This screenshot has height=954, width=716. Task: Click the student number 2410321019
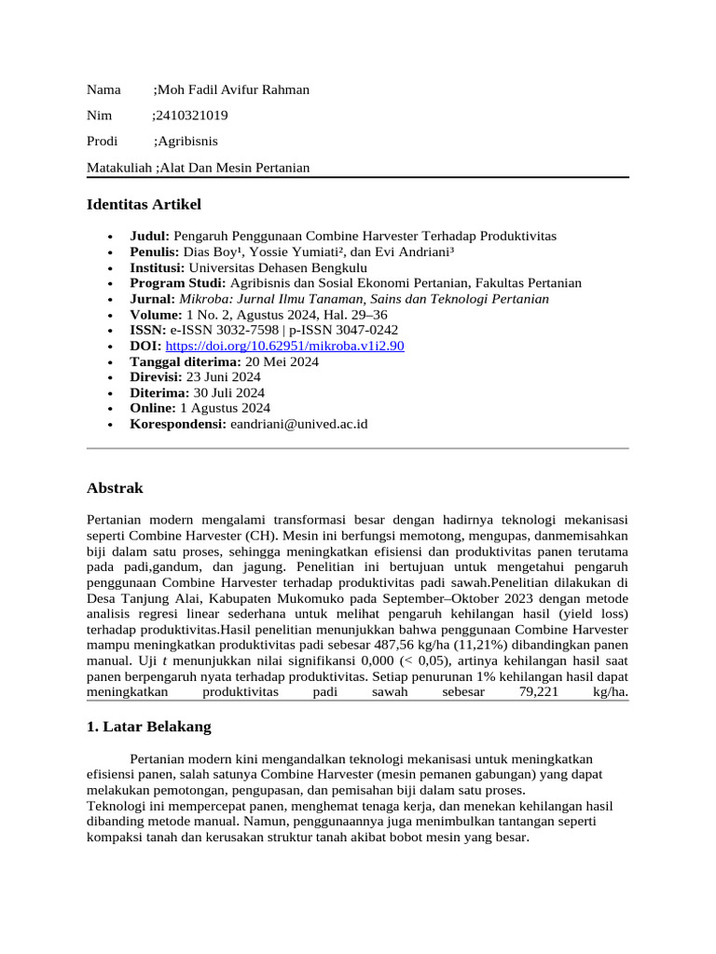click(193, 116)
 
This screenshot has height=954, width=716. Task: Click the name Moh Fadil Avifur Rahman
click(233, 89)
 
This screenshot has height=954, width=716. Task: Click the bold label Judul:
click(149, 237)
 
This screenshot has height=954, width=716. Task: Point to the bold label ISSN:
click(147, 330)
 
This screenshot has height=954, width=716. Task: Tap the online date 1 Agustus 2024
click(225, 408)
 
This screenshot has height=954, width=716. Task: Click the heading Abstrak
click(115, 488)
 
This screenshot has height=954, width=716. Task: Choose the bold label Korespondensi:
click(178, 424)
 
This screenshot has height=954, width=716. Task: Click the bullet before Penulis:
click(111, 252)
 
